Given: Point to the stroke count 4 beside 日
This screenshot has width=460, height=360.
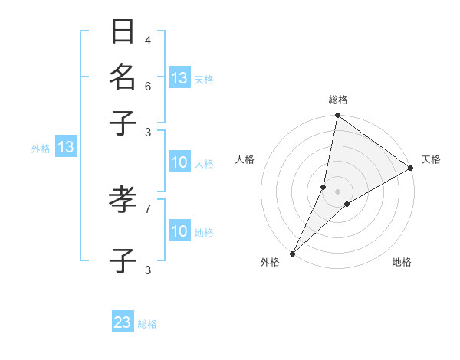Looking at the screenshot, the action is [148, 40].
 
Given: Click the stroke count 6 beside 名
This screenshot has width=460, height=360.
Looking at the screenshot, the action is [148, 86].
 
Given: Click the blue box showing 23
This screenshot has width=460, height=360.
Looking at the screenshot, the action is [123, 322].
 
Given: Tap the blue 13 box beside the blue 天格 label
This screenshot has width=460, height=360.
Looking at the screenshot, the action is [179, 77].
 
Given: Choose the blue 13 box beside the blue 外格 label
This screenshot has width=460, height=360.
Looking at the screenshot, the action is [66, 147].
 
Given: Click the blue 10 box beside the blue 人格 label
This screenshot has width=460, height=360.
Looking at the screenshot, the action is [179, 162].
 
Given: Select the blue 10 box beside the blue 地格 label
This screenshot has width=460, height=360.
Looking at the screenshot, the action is [179, 231].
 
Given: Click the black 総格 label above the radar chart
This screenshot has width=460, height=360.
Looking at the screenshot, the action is [338, 100].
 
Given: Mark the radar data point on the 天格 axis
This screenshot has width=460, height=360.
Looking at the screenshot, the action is [410, 169].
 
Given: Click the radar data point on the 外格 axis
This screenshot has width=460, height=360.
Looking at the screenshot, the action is [293, 253].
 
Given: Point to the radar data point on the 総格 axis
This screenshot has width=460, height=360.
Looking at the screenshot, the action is [337, 116].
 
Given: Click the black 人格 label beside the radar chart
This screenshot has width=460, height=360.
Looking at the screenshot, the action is [245, 159].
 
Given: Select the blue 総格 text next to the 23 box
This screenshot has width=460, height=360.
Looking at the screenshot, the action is [147, 324].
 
